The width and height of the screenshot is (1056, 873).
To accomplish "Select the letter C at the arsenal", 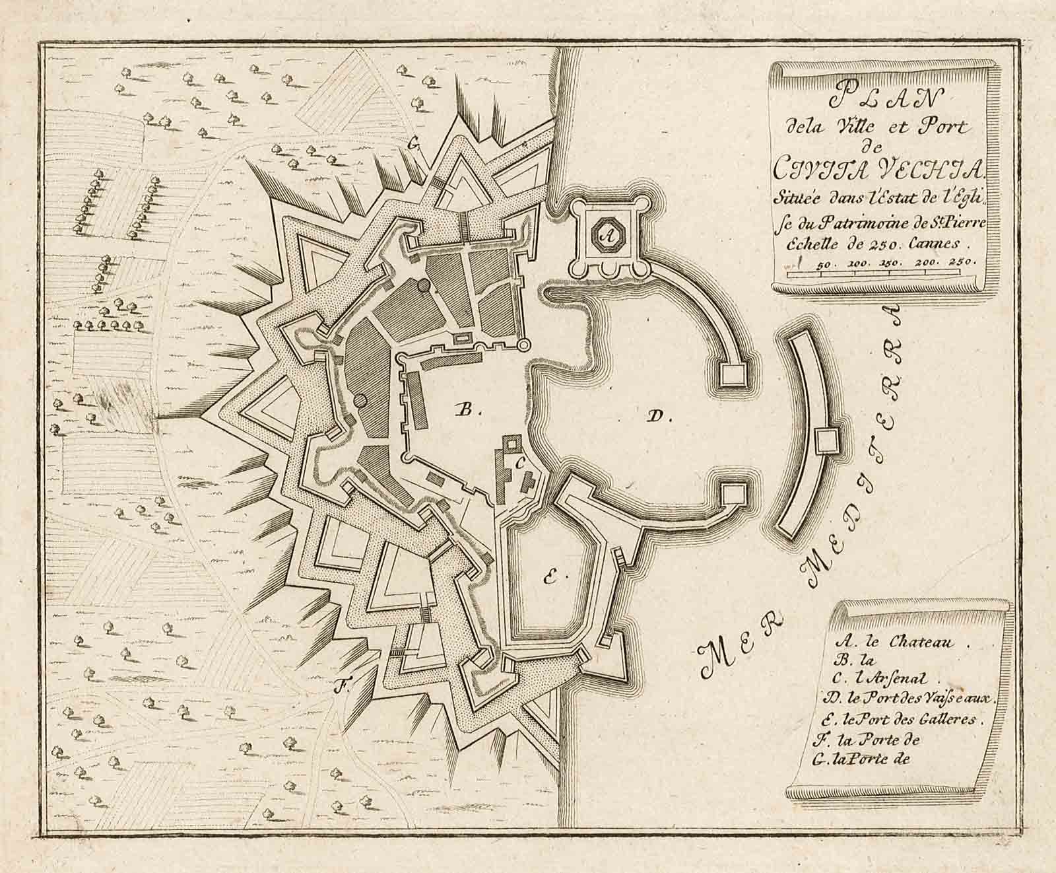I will [x=519, y=464].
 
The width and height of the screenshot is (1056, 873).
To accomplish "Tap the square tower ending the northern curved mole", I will [x=733, y=374].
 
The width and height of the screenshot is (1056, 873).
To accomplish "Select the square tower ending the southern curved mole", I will [x=733, y=493].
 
